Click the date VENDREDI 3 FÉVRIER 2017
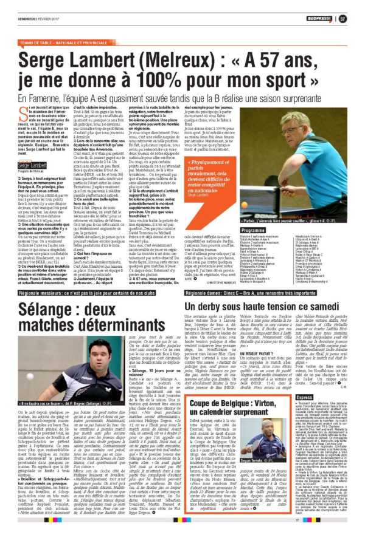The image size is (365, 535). [x=27, y=19]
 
